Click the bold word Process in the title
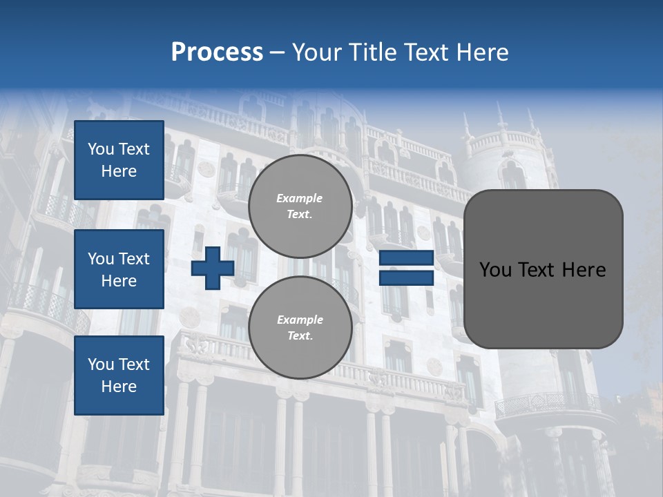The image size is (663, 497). (217, 52)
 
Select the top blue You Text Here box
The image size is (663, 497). (119, 160)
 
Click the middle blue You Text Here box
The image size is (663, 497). (119, 269)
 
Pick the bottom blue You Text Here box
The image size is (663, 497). (119, 376)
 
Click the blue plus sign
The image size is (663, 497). (213, 269)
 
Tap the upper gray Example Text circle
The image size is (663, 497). (300, 206)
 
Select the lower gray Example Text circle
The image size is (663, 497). (300, 328)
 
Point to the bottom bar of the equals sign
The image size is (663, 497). (406, 277)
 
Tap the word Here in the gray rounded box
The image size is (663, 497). (584, 270)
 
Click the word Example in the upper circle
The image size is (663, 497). (300, 198)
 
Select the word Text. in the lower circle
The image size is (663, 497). (300, 336)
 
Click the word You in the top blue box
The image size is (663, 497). (101, 149)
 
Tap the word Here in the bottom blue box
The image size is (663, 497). (119, 387)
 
